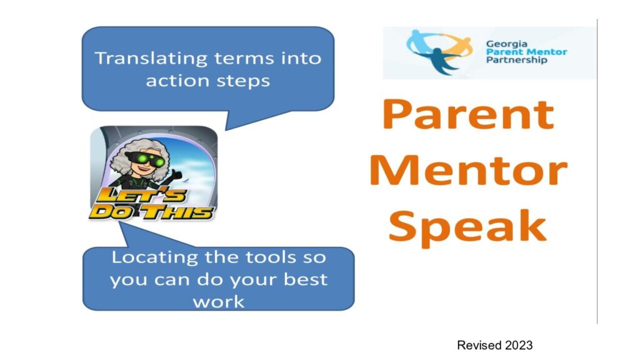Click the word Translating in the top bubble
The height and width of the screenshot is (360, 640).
(151, 59)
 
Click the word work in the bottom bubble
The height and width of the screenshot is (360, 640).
(219, 302)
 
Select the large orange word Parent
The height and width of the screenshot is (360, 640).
(467, 115)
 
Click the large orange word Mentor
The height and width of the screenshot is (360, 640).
(468, 170)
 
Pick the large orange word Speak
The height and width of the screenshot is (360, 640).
(467, 226)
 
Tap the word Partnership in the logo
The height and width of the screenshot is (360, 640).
(516, 60)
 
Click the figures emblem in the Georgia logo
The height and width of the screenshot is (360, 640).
(439, 51)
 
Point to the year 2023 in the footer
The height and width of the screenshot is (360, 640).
(519, 345)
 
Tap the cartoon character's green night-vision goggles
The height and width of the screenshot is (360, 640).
(146, 159)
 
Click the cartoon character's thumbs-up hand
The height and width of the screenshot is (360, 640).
(176, 176)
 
